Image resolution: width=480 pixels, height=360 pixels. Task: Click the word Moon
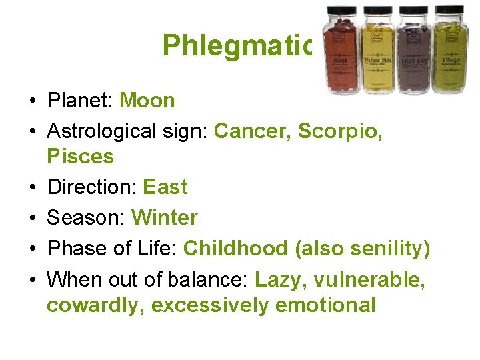click(147, 101)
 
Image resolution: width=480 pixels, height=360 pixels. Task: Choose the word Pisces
click(80, 157)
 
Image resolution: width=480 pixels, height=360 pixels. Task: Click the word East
click(165, 187)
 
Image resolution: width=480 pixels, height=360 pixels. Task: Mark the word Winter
click(165, 218)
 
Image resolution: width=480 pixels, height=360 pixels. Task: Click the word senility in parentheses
click(386, 249)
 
